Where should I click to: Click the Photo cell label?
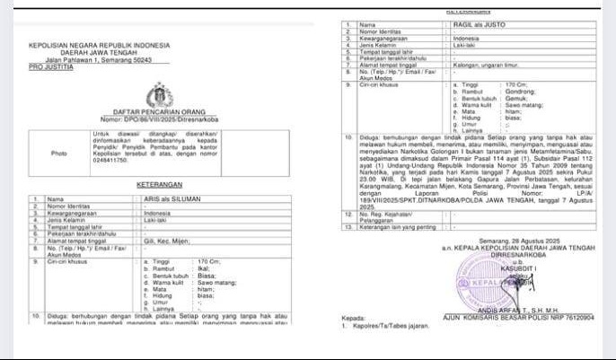[59, 154]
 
